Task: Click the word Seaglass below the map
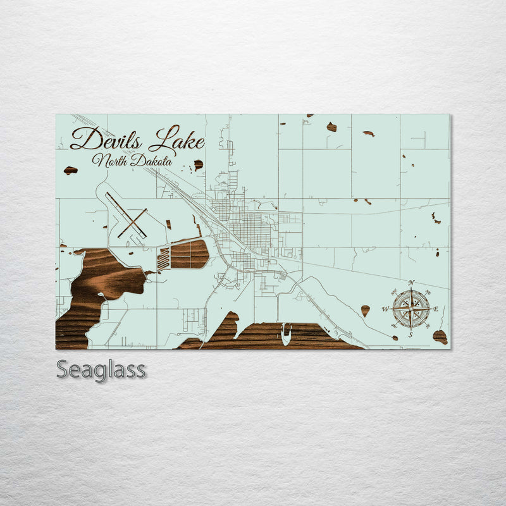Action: (101, 370)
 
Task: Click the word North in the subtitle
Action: (111, 161)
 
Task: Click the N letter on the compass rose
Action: (411, 283)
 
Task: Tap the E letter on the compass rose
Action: (436, 309)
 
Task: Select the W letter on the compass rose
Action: (385, 309)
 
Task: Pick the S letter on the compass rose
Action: (410, 335)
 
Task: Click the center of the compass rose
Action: (410, 309)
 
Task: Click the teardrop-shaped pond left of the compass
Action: (366, 310)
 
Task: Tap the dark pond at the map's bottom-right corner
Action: (440, 336)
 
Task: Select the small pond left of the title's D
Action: (70, 170)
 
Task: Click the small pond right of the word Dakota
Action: (198, 164)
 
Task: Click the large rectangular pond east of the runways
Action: (189, 254)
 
